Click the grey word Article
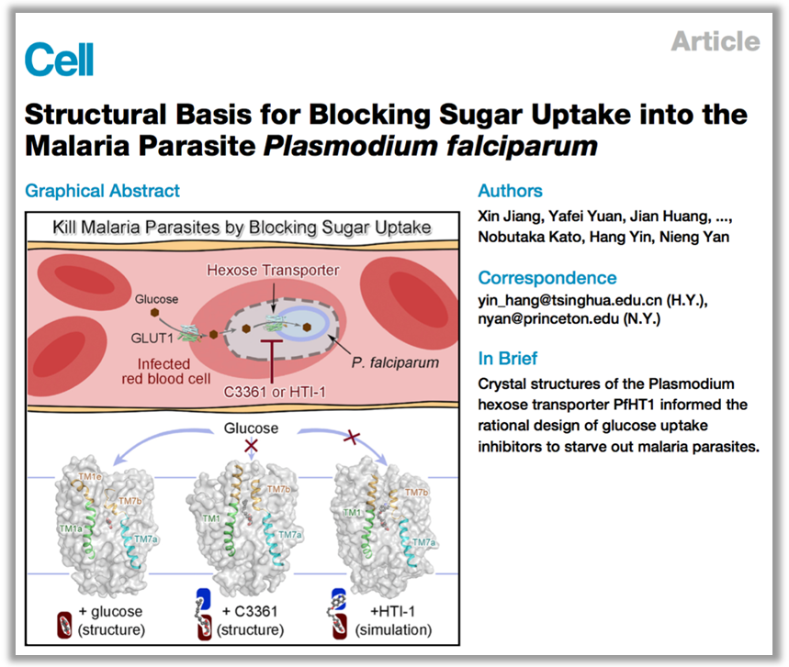coord(715,41)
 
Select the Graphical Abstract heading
coord(102,191)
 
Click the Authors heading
coord(510,191)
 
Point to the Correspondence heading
coord(547,277)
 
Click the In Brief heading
coord(508,358)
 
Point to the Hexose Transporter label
coord(273,270)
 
